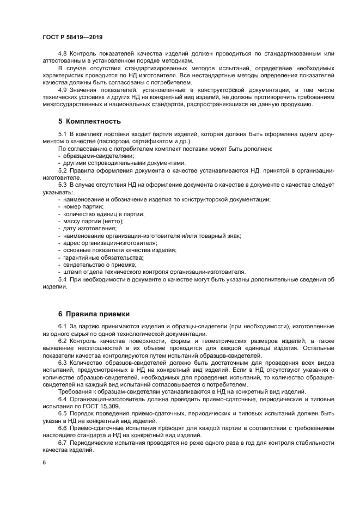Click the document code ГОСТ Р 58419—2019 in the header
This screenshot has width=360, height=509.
(x=72, y=36)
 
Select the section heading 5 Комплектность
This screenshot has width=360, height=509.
(x=89, y=121)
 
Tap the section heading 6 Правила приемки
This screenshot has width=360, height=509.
(x=94, y=314)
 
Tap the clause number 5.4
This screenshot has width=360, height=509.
(x=63, y=279)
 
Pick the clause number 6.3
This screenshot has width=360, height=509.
(x=63, y=361)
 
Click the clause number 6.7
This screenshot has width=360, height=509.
(x=63, y=443)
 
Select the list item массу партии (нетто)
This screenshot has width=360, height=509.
(x=91, y=222)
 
